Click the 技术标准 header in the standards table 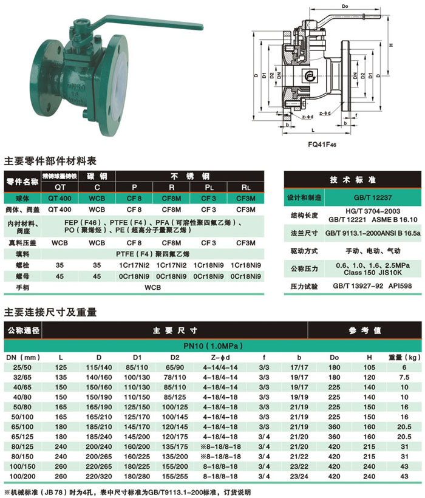tap(352, 180)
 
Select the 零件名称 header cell tap(22, 182)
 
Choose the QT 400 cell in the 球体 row tap(59, 199)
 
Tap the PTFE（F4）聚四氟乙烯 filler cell tap(161, 253)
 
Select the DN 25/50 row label tap(22, 367)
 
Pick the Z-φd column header tap(217, 356)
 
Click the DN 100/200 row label tap(22, 476)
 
